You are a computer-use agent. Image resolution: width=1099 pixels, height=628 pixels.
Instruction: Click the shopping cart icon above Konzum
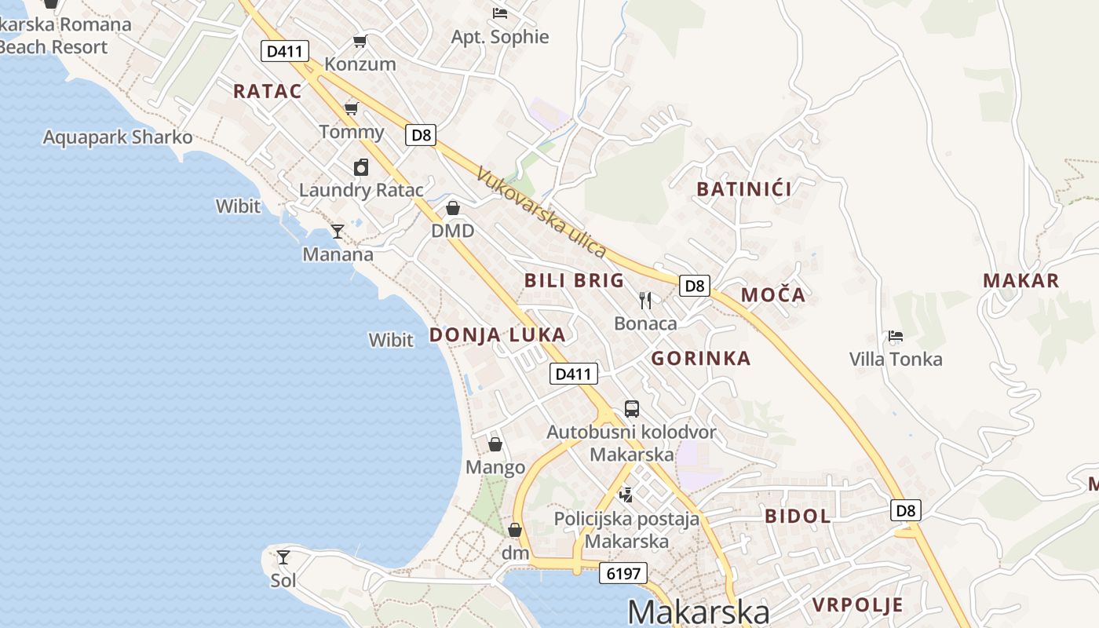(x=360, y=41)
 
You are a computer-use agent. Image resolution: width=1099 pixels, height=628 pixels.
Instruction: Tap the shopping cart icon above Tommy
(x=351, y=108)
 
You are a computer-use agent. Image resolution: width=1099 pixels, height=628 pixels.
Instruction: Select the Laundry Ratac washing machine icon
(x=361, y=167)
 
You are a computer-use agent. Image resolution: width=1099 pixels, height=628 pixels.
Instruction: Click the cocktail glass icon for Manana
(x=338, y=231)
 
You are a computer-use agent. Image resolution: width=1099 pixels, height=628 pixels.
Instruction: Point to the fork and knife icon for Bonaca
(x=645, y=300)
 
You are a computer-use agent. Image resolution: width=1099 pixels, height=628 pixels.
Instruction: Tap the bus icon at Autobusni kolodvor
(x=631, y=408)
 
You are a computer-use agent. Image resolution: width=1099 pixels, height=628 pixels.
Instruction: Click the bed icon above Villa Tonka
(x=895, y=336)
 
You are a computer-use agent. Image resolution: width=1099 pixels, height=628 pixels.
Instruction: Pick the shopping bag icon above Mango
(x=495, y=444)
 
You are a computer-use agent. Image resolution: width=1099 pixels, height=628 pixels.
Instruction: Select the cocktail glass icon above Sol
(x=283, y=557)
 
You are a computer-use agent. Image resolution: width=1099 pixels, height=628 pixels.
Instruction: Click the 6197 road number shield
(x=624, y=573)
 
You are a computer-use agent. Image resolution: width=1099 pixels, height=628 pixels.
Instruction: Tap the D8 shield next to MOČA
(x=695, y=286)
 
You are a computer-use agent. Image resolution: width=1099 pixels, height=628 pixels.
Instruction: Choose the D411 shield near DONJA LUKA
(x=572, y=374)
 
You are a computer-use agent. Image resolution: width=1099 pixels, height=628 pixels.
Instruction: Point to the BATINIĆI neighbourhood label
(x=744, y=188)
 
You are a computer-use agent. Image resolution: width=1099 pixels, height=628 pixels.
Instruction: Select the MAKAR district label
(x=1020, y=280)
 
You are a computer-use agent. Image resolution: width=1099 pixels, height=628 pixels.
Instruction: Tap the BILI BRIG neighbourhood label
(x=574, y=280)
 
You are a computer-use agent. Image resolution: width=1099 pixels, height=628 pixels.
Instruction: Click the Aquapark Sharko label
(x=118, y=137)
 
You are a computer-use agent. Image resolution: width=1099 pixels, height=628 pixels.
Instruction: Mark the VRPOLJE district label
(x=858, y=605)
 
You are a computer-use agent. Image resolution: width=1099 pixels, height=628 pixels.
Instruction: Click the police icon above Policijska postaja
(x=626, y=495)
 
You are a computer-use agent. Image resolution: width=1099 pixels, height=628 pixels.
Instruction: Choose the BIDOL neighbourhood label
(x=797, y=516)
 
